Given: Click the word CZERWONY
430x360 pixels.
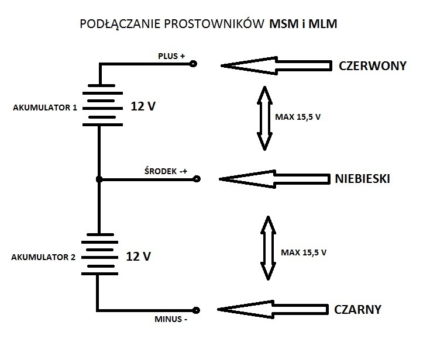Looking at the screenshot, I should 372,65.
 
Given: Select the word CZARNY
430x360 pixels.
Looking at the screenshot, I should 357,309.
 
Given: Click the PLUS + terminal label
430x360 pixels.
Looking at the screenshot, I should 171,56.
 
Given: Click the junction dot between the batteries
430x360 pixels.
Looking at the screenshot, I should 99,179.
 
